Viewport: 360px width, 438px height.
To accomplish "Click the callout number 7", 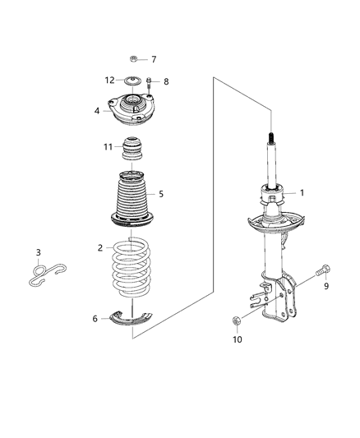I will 153,60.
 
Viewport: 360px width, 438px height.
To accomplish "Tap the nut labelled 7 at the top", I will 134,59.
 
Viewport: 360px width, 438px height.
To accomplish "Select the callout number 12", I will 110,80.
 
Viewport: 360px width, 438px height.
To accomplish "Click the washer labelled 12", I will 131,81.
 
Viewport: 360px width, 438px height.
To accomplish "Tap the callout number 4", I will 97,110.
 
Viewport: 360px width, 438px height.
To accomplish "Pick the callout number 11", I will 107,147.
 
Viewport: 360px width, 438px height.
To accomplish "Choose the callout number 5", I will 161,194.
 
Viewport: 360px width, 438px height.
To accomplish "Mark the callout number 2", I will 99,247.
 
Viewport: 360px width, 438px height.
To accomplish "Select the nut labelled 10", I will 237,320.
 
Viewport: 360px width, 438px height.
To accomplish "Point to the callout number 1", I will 302,194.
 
